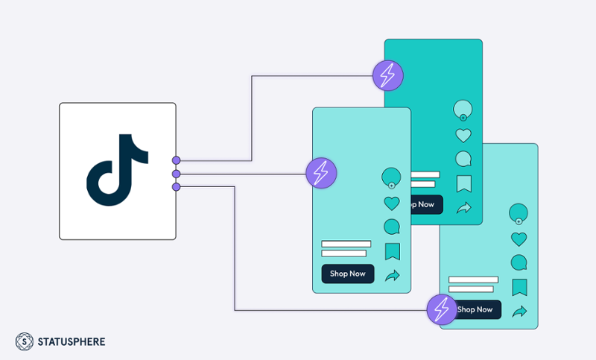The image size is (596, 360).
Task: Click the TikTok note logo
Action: [x=118, y=170]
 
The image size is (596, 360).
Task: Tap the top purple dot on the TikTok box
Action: [x=176, y=160]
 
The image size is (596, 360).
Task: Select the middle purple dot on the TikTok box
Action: [x=176, y=174]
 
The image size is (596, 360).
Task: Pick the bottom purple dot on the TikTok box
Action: [x=176, y=186]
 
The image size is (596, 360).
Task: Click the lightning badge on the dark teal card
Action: [x=388, y=75]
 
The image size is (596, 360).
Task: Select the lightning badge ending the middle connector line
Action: [x=321, y=173]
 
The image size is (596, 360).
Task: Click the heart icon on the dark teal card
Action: [x=463, y=136]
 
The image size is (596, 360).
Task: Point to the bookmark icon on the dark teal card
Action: [x=464, y=183]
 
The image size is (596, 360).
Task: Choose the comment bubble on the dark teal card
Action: [x=463, y=159]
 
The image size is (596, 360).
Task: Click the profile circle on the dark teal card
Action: [x=463, y=110]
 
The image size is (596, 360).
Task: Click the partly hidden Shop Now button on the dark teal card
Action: [x=425, y=204]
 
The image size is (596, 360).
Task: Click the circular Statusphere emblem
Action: [x=25, y=341]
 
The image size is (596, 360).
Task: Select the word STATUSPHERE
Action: [x=72, y=342]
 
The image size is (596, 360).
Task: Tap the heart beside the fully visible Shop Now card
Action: [x=392, y=203]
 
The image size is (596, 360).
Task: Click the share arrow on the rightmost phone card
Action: [x=519, y=311]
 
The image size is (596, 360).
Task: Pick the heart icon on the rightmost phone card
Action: [x=519, y=239]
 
